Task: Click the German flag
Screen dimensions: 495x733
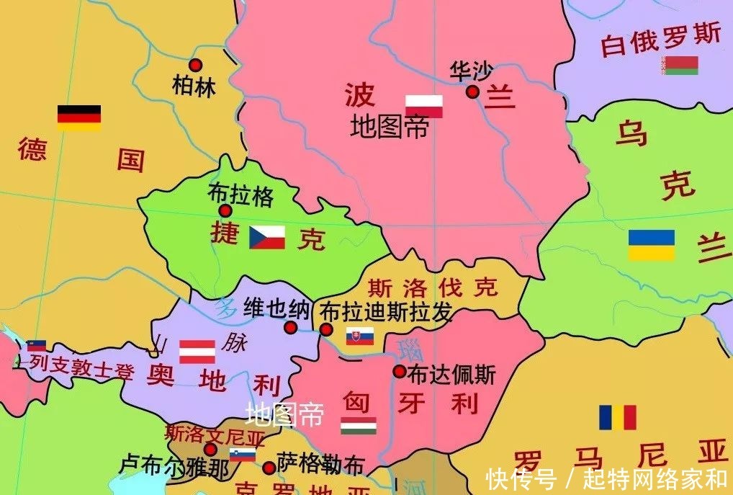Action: tap(79, 118)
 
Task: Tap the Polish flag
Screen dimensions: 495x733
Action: tap(423, 107)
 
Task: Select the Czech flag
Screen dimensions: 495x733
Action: tap(267, 237)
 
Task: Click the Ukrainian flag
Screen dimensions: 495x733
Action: tap(652, 245)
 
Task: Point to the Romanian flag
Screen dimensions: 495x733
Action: tap(618, 417)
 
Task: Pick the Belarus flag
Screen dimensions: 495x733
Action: tap(680, 66)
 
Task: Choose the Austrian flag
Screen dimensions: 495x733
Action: tap(197, 351)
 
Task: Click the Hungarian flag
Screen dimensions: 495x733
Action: tap(359, 425)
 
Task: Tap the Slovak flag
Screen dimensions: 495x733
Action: tap(360, 336)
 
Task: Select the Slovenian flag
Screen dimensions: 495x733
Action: tap(243, 454)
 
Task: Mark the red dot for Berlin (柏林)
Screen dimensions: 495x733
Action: tap(195, 65)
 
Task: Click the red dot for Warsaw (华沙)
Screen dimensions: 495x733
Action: tap(472, 92)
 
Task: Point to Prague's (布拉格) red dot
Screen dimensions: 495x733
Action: tap(225, 210)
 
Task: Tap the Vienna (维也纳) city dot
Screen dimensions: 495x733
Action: tap(291, 328)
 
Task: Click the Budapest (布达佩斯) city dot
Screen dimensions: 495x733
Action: tap(399, 371)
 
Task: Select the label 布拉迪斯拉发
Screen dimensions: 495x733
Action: tap(387, 312)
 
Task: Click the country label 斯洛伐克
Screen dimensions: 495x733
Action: tap(432, 287)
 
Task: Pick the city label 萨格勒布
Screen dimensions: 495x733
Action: tap(320, 465)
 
